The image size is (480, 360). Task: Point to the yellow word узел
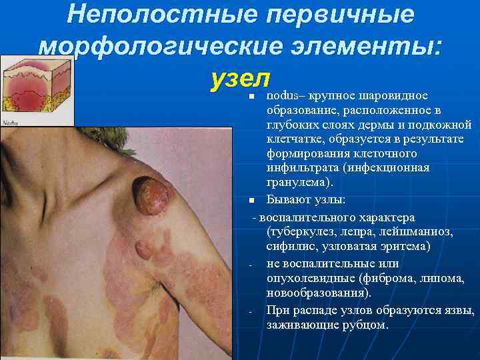click(x=239, y=79)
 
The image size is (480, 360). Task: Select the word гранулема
click(x=293, y=182)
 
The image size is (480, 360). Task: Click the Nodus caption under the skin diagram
click(x=11, y=123)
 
